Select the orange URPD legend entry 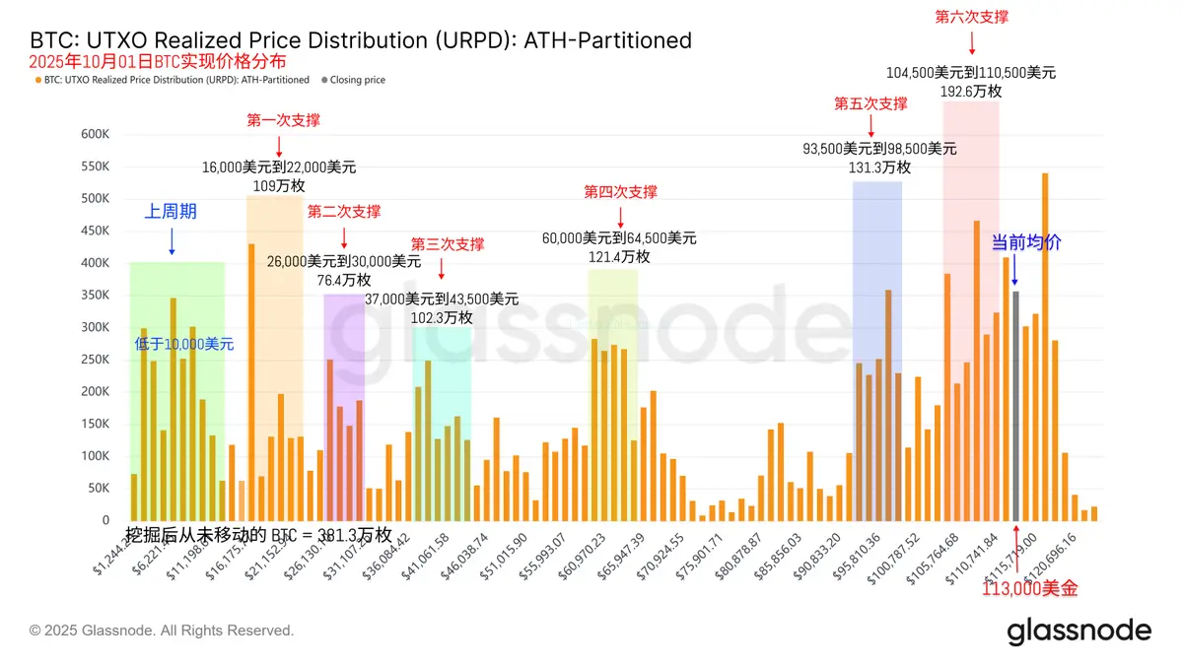(174, 80)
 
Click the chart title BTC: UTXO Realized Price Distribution (361, 41)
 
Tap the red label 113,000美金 (1030, 589)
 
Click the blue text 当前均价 (1026, 242)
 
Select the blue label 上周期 (172, 211)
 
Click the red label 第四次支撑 (620, 192)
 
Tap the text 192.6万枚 (971, 91)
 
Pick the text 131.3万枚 (879, 167)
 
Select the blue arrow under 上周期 (172, 241)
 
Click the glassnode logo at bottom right (1079, 632)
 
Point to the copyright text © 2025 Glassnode (162, 631)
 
